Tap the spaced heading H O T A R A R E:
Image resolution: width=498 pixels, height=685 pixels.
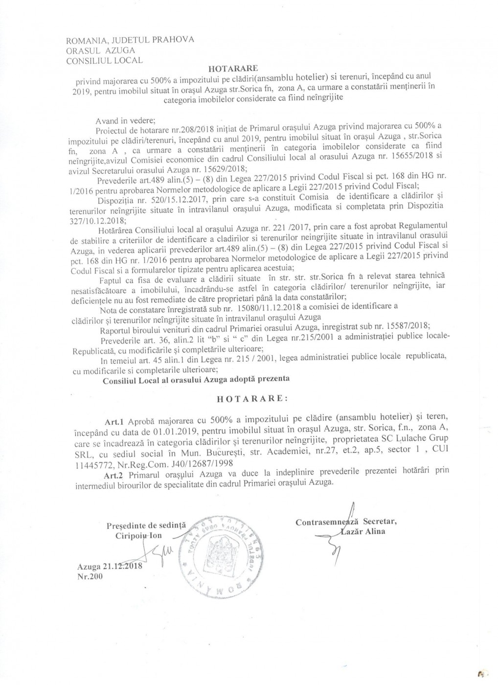pyautogui.click(x=252, y=398)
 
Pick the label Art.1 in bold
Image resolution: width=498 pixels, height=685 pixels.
pyautogui.click(x=112, y=420)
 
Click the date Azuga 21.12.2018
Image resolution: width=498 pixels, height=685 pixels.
pyautogui.click(x=109, y=567)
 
